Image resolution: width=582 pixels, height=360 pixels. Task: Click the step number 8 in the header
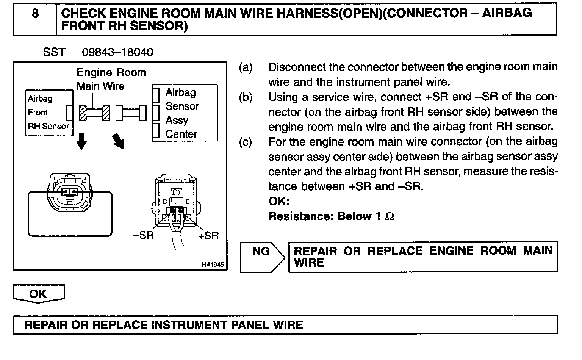click(35, 14)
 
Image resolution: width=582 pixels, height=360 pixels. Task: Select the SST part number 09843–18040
click(117, 52)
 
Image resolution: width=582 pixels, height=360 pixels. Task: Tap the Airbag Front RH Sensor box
click(48, 113)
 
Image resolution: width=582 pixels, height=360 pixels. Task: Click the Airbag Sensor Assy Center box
click(185, 113)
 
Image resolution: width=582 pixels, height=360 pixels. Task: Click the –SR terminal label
click(144, 235)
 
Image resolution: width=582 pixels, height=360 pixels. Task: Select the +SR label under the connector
click(208, 235)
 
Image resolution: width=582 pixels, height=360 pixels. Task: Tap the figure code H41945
click(213, 265)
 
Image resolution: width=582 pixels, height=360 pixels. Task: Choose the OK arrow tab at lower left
click(39, 294)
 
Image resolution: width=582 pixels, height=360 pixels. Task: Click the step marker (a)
click(246, 67)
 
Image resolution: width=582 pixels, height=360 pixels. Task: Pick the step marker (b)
click(246, 97)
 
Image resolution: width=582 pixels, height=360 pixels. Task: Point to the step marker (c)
click(246, 142)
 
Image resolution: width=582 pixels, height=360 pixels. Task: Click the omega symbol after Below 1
click(390, 217)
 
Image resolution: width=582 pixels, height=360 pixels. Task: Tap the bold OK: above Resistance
click(279, 201)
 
